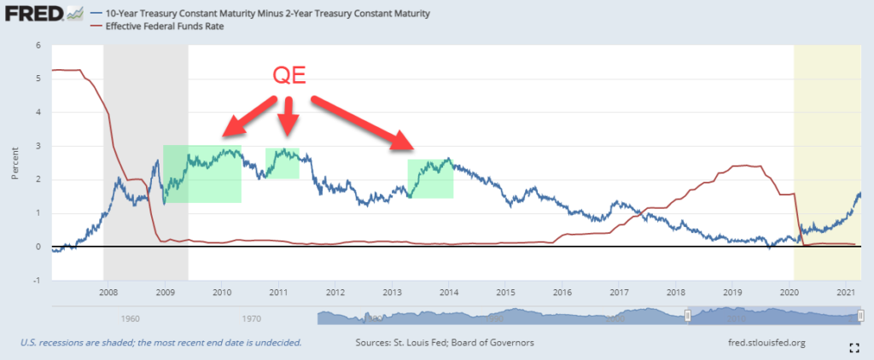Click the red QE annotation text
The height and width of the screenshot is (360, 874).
pos(288,76)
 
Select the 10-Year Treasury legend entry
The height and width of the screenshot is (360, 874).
pos(265,15)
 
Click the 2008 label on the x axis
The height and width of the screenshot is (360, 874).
pos(108,293)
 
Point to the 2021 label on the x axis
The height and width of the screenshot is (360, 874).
pos(845,293)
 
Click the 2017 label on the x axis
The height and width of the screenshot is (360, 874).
pos(619,293)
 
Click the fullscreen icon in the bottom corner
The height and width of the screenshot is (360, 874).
pos(854,346)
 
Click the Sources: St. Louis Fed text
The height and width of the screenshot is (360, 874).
pos(443,343)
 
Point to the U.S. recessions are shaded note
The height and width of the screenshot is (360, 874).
pos(160,343)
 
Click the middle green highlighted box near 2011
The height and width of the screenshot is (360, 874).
pos(283,163)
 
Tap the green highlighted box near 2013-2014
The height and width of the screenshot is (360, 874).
pos(430,178)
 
